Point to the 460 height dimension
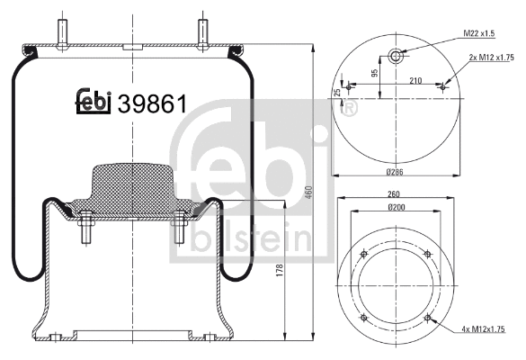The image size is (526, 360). click(308, 193)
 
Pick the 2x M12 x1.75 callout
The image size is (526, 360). click(490, 58)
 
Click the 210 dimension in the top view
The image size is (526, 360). click(416, 80)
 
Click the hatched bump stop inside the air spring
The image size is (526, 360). click(131, 185)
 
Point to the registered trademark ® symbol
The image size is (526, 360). click(349, 110)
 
